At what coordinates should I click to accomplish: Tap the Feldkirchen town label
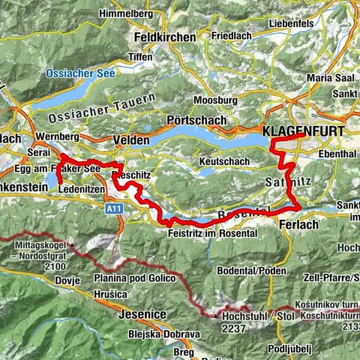click(163, 37)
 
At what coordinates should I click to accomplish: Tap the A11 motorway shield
click(114, 208)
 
